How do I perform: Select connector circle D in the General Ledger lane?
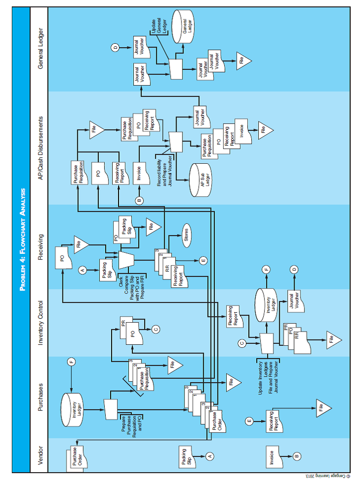click(x=115, y=48)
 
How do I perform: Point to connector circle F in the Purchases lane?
click(x=72, y=362)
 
